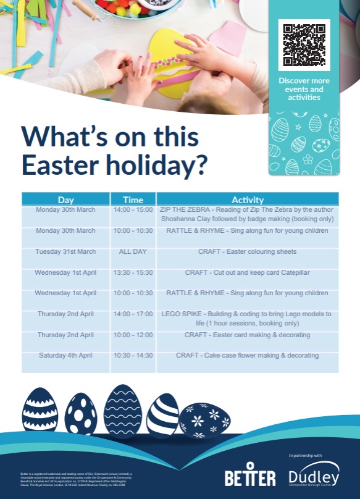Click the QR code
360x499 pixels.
[x=304, y=45]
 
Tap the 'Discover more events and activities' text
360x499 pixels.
[x=304, y=89]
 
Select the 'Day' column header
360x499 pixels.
[x=66, y=200]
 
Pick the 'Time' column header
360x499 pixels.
[x=133, y=200]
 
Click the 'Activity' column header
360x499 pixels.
[x=247, y=200]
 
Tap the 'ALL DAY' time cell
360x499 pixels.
[x=133, y=252]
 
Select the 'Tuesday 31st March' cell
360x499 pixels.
[x=65, y=252]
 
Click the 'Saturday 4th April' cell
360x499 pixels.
[x=65, y=356]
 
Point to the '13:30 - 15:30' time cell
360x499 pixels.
[x=133, y=272]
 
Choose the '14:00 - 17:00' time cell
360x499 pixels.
[x=133, y=314]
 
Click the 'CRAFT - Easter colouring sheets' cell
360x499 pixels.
[x=247, y=252]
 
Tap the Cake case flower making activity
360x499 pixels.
[x=247, y=356]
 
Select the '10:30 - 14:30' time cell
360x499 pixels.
[x=133, y=356]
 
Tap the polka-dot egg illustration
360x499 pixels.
[x=81, y=414]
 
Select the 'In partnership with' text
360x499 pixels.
[x=305, y=456]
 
